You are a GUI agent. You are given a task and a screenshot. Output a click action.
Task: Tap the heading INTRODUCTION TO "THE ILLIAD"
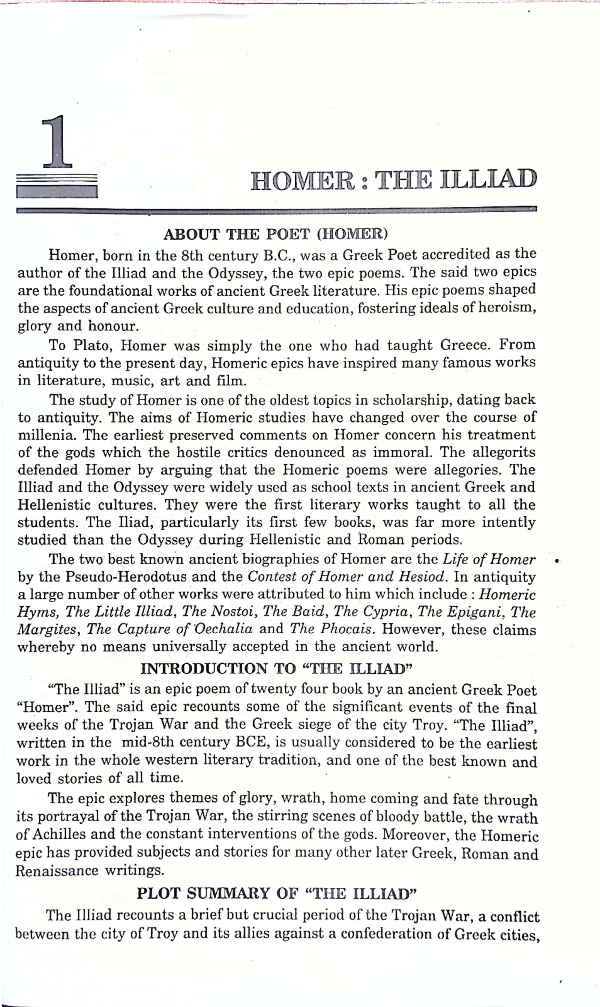[x=276, y=668]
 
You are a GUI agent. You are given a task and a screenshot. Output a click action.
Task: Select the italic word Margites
[x=47, y=630]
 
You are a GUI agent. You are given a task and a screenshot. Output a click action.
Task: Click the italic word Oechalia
[x=225, y=629]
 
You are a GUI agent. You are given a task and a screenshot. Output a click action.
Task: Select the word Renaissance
[x=57, y=870]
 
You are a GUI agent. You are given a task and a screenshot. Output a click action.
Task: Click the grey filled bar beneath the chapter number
[x=57, y=191]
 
